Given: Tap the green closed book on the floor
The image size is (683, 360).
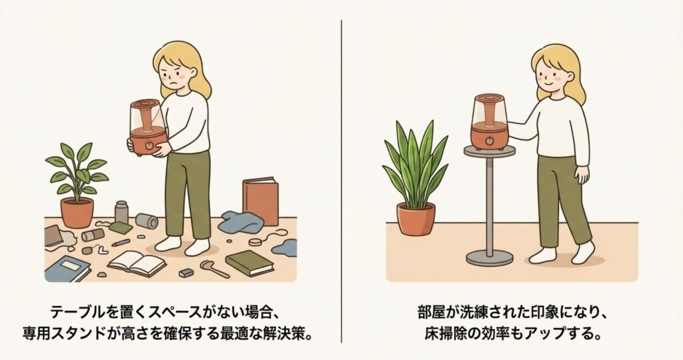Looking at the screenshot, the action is point(249,263).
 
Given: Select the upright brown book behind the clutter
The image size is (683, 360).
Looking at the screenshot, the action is point(261,201).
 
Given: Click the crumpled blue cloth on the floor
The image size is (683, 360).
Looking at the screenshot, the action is point(241,222).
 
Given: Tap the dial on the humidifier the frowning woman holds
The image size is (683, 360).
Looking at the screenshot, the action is point(149,145).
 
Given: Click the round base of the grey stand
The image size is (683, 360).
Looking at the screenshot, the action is point(490,259).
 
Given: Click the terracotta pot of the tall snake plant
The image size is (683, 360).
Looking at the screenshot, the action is point(416,219).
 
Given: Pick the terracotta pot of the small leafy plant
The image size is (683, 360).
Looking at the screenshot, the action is point(77,213).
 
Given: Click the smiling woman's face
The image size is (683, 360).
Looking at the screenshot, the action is point(552,75).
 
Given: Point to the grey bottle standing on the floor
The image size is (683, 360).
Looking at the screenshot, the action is point(121,213).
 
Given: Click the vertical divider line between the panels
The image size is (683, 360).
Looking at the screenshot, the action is point(341,181).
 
